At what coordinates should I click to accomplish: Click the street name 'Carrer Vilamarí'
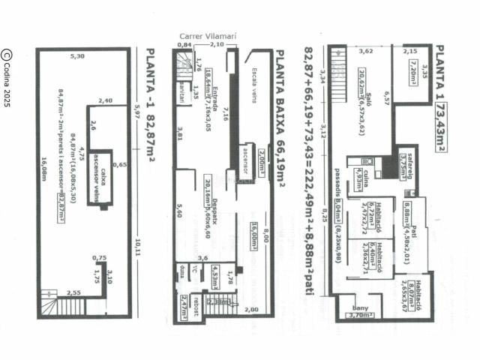pos(204,35)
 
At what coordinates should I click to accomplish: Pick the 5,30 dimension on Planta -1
pos(76,56)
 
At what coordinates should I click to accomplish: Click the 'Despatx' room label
pos(214,198)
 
